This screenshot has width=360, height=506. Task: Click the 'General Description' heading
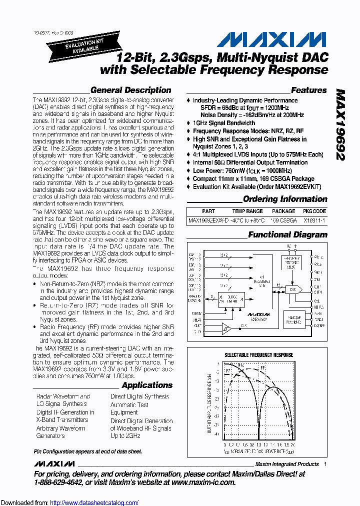[130, 90]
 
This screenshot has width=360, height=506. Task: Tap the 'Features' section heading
[308, 90]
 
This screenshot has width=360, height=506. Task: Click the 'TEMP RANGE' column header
[247, 211]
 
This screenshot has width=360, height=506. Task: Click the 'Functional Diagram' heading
[287, 234]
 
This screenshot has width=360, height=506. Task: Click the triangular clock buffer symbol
[226, 328]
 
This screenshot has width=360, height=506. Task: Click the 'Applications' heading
[147, 385]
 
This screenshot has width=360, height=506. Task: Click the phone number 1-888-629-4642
[63, 482]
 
